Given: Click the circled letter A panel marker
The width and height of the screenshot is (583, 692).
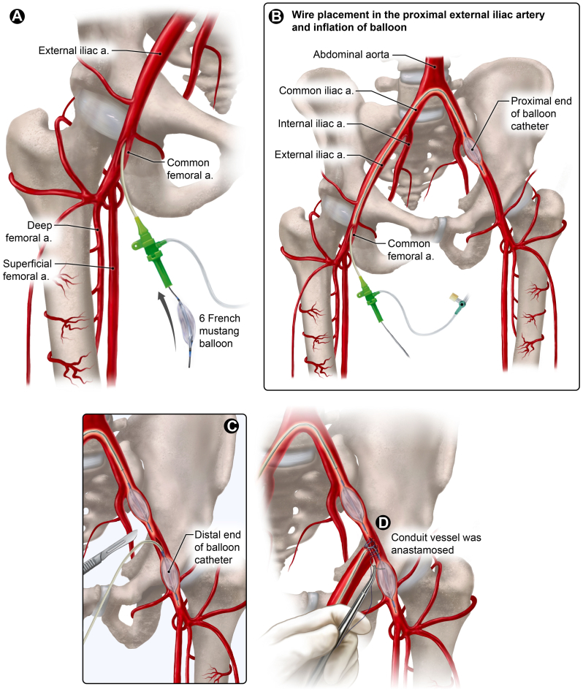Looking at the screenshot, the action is pos(18,17).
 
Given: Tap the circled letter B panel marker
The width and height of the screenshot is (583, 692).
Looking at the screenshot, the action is pos(276,17).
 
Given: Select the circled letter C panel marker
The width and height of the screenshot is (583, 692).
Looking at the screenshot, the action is pos(232,426).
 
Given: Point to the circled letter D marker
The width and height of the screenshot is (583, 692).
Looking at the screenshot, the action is pos(383,522).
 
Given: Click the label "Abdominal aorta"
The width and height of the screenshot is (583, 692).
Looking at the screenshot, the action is pos(351,55).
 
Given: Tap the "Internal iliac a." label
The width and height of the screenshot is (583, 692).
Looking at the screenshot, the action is pos(311,123).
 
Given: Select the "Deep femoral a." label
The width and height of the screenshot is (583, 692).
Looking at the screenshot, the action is pos(29,232).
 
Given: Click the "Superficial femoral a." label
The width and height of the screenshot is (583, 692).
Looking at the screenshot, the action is pos(27,270).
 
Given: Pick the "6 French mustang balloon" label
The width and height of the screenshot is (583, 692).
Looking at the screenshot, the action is pos(219,331).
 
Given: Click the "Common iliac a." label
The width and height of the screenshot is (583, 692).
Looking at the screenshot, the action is pos(316,91).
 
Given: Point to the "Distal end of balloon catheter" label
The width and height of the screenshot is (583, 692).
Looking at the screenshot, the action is pos(218,547).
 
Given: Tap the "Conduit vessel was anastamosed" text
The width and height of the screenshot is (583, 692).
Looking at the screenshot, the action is pos(436,544).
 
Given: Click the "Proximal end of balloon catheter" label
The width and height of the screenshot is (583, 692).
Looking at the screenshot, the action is pos(541,114).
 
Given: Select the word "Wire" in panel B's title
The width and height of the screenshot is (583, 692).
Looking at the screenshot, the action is pos(302,15).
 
